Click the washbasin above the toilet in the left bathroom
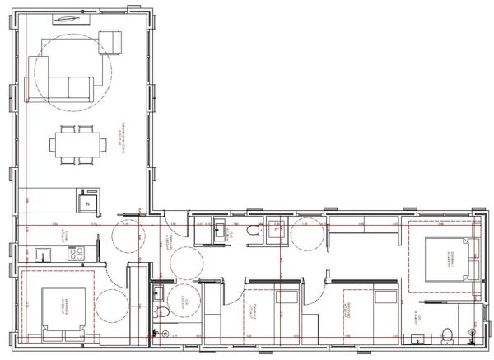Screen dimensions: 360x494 (156, 290)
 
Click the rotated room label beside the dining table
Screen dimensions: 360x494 (124, 132)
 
